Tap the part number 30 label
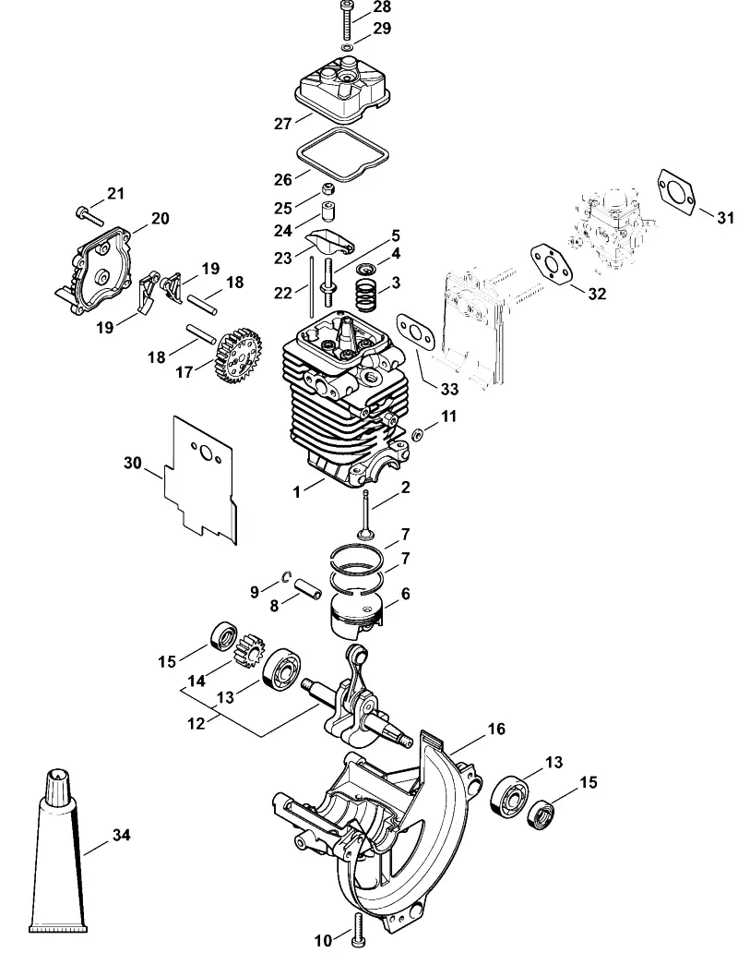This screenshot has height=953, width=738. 132,464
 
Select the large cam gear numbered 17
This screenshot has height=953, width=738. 239,356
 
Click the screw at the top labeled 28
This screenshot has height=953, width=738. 347,20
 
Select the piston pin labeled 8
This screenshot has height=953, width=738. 308,589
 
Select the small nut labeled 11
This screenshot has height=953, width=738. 417,435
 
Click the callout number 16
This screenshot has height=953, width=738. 496,728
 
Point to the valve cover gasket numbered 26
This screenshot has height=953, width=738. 344,155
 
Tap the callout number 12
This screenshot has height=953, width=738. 196,723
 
